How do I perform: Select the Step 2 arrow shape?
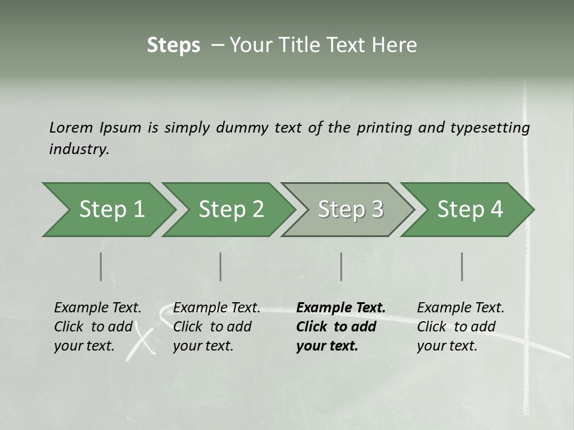click(x=231, y=210)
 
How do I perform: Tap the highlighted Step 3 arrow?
click(x=350, y=210)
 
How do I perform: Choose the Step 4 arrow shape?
click(x=470, y=210)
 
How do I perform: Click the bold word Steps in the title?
click(x=173, y=45)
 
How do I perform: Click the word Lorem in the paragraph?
click(x=71, y=127)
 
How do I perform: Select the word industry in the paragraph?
click(x=79, y=149)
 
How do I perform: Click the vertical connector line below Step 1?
click(x=101, y=266)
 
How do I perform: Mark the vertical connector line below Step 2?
click(x=221, y=266)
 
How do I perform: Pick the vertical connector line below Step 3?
click(x=341, y=266)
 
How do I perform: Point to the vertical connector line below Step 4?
click(x=462, y=266)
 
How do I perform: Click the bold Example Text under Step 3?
click(x=341, y=308)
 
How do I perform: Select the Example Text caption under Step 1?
click(x=97, y=308)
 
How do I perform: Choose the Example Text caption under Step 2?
click(x=216, y=308)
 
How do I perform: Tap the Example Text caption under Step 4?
click(x=460, y=308)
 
